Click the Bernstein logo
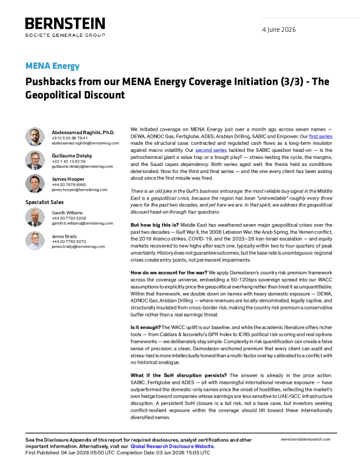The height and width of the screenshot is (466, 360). (65, 27)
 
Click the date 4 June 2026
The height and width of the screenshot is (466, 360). (279, 29)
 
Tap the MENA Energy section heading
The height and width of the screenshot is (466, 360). (52, 66)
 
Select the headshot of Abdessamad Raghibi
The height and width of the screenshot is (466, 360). (35, 137)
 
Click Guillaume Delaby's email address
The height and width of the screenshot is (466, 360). (82, 167)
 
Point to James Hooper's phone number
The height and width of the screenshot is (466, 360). (69, 185)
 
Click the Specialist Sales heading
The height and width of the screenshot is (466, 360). (45, 202)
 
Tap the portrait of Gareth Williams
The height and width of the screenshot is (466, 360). (35, 217)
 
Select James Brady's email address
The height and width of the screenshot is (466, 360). (78, 247)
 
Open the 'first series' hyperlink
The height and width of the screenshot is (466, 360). (321, 137)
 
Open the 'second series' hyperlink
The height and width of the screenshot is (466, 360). (211, 151)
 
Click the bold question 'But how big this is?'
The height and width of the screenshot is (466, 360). (155, 225)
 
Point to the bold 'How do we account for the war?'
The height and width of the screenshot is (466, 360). (169, 272)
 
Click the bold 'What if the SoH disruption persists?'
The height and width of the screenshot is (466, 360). (178, 375)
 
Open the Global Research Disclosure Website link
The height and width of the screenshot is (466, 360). (172, 447)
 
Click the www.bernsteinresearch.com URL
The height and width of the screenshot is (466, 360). (305, 440)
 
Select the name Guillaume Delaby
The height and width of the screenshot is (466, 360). (72, 156)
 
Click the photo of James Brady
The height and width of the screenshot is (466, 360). (35, 241)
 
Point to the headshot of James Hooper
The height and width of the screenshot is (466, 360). (35, 184)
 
